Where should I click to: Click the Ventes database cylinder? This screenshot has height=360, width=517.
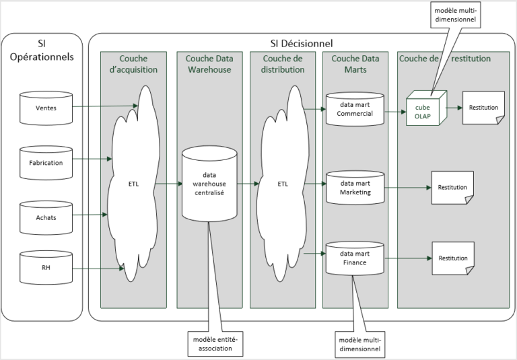point(45,108)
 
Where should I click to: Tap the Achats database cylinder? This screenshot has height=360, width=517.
point(45,217)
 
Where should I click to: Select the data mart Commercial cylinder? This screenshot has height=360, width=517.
point(354,110)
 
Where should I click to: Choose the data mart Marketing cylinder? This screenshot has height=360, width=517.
point(354,188)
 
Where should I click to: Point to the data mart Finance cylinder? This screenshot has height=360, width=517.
point(354,258)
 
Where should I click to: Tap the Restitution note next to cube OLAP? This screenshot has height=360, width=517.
point(483,108)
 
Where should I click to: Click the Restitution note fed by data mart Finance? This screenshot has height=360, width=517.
point(452,258)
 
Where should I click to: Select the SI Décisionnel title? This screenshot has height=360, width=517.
point(297,43)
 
